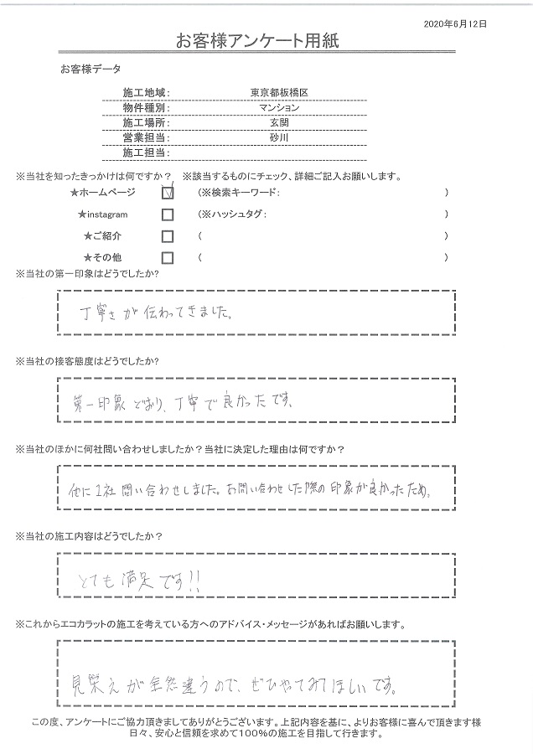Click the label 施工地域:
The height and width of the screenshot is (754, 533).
pyautogui.click(x=147, y=92)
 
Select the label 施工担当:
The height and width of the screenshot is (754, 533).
pyautogui.click(x=147, y=153)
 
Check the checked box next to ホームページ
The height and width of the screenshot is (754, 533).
pyautogui.click(x=168, y=193)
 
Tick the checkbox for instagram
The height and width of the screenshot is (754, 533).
pyautogui.click(x=168, y=214)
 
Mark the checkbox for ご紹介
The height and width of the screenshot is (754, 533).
pyautogui.click(x=168, y=236)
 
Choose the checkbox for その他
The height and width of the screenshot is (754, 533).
pyautogui.click(x=168, y=257)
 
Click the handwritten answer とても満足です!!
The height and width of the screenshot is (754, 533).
pyautogui.click(x=131, y=580)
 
